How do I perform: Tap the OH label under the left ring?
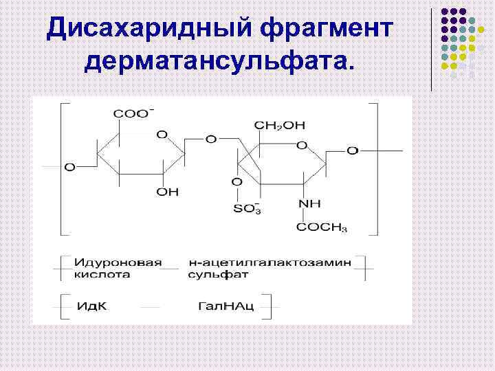pyautogui.click(x=166, y=192)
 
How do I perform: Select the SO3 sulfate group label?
pyautogui.click(x=247, y=209)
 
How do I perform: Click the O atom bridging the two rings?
pyautogui.click(x=211, y=139)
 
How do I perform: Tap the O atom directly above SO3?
pyautogui.click(x=236, y=182)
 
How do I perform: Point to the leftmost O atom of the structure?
pyautogui.click(x=69, y=167)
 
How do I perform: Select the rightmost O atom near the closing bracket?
pyautogui.click(x=351, y=150)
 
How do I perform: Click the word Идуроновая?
pyautogui.click(x=118, y=262)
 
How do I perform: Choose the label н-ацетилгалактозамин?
pyautogui.click(x=269, y=262)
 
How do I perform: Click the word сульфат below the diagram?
pyautogui.click(x=218, y=274)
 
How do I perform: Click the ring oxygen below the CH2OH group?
pyautogui.click(x=301, y=145)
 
